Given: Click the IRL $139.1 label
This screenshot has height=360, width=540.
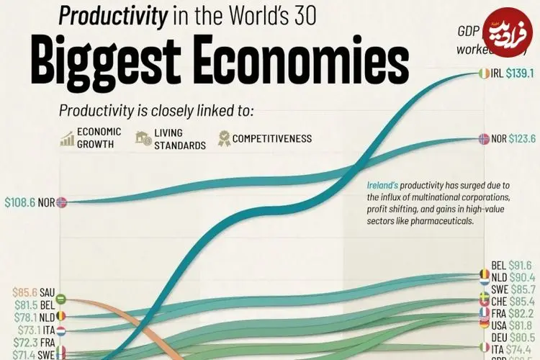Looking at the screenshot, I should [510, 73].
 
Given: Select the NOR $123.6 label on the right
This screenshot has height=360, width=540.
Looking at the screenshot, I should [510, 138].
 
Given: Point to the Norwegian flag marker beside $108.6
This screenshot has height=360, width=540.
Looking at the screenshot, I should [63, 203].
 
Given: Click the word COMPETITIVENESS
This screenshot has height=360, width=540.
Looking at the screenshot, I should [272, 138].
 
